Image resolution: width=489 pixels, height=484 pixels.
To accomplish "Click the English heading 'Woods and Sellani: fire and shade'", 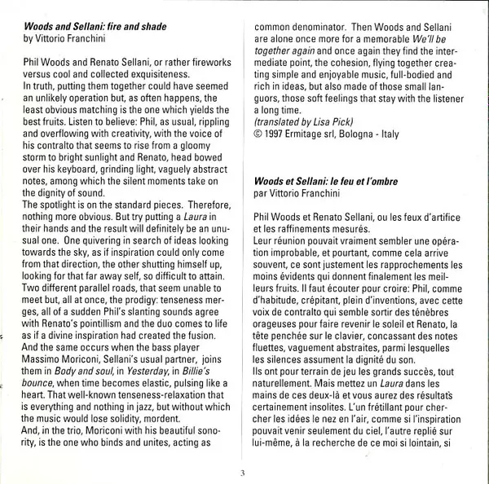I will pos(95,27).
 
